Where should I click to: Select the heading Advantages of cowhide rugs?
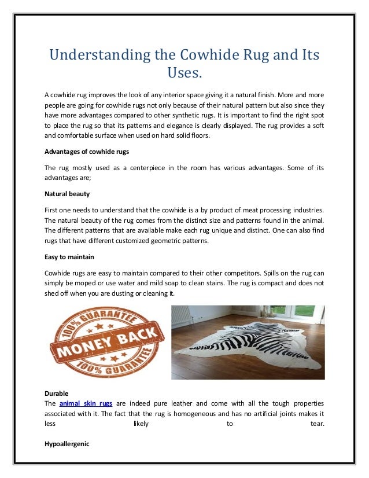click(87, 152)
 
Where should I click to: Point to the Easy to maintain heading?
click(70, 256)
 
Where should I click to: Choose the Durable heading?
click(56, 394)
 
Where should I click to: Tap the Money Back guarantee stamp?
click(108, 340)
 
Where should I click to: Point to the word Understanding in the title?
click(96, 56)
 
